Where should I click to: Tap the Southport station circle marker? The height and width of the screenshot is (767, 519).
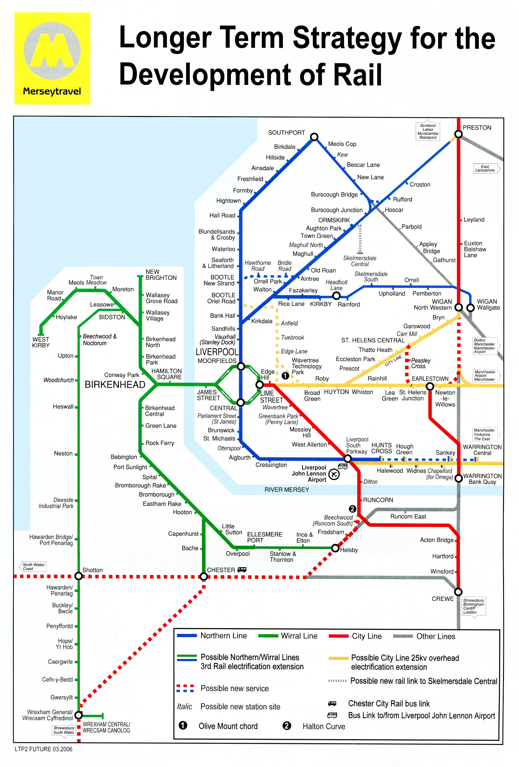point(314,137)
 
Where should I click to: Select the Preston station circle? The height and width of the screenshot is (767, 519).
point(458,134)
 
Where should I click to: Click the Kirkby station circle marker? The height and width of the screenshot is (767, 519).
point(336,296)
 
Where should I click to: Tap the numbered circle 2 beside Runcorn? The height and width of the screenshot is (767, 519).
point(352,509)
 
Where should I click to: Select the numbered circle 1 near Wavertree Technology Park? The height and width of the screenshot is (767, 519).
point(285,375)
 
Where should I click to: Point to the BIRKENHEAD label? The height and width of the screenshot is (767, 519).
point(115,384)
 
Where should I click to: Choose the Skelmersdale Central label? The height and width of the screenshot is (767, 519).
point(360,261)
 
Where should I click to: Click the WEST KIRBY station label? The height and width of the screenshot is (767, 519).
point(41,342)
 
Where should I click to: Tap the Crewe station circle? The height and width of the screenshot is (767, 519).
point(458,592)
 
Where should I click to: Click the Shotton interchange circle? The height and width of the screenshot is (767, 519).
point(79,576)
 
